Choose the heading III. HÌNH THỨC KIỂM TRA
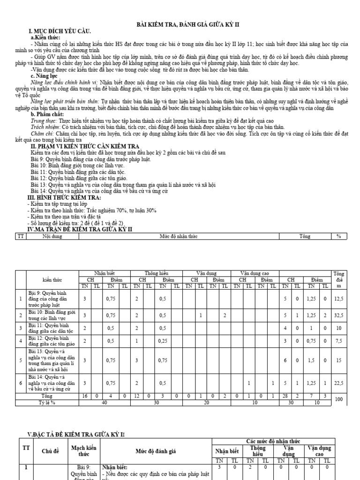pyautogui.click(x=61, y=198)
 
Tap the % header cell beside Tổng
pyautogui.click(x=338, y=237)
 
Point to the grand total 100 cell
pyautogui.click(x=338, y=400)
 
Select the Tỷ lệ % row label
pyautogui.click(x=47, y=402)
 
